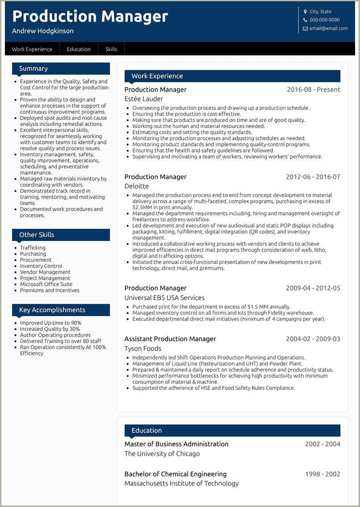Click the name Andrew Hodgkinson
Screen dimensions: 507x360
click(43, 31)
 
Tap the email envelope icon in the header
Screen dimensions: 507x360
click(306, 29)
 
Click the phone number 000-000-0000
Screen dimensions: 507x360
click(324, 20)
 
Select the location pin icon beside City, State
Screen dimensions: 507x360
click(306, 12)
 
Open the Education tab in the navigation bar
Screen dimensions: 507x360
click(79, 49)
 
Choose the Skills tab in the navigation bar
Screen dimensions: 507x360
click(111, 49)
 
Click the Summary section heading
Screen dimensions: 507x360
click(33, 68)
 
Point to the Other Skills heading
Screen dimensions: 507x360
click(37, 235)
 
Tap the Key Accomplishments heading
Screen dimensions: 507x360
click(52, 310)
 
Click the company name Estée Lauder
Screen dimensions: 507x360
click(144, 99)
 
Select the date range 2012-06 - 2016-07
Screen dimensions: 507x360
click(313, 177)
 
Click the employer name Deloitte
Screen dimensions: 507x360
click(137, 186)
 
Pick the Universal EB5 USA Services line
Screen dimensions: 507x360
click(164, 298)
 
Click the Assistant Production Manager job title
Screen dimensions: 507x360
click(170, 339)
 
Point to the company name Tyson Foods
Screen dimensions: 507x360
click(143, 348)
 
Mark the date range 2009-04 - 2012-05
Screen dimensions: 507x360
click(313, 288)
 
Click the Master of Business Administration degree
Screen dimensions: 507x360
click(176, 444)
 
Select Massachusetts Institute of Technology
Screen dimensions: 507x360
click(181, 483)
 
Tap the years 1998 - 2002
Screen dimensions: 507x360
click(322, 474)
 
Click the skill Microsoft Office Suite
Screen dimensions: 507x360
click(46, 284)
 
